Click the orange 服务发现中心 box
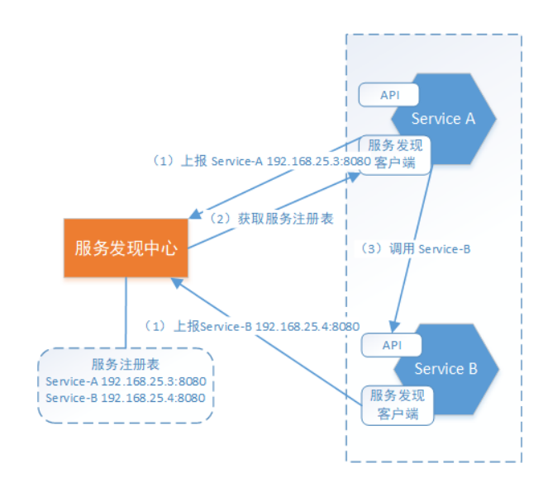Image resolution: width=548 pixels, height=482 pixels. (x=126, y=248)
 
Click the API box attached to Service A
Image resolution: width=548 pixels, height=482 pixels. (x=389, y=94)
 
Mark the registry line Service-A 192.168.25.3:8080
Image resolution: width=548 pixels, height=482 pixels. (x=126, y=382)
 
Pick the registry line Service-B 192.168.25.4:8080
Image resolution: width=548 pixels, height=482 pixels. (x=126, y=398)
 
